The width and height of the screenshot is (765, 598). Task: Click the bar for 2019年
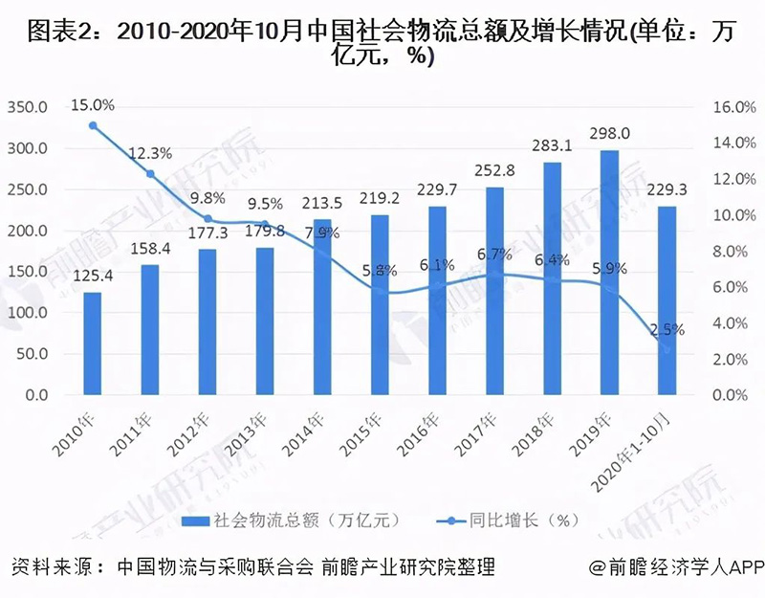click(609, 273)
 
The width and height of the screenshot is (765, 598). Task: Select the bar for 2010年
click(92, 343)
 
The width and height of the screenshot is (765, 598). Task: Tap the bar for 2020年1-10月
click(667, 300)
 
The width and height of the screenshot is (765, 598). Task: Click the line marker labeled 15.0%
click(92, 125)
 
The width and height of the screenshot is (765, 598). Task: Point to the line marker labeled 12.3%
click(150, 174)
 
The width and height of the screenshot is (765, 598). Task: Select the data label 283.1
click(552, 146)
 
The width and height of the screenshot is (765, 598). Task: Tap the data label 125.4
click(92, 276)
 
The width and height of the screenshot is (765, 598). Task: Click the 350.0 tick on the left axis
click(29, 107)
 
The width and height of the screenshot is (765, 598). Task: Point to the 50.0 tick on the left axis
click(33, 354)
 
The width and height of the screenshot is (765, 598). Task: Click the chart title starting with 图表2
click(382, 44)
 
